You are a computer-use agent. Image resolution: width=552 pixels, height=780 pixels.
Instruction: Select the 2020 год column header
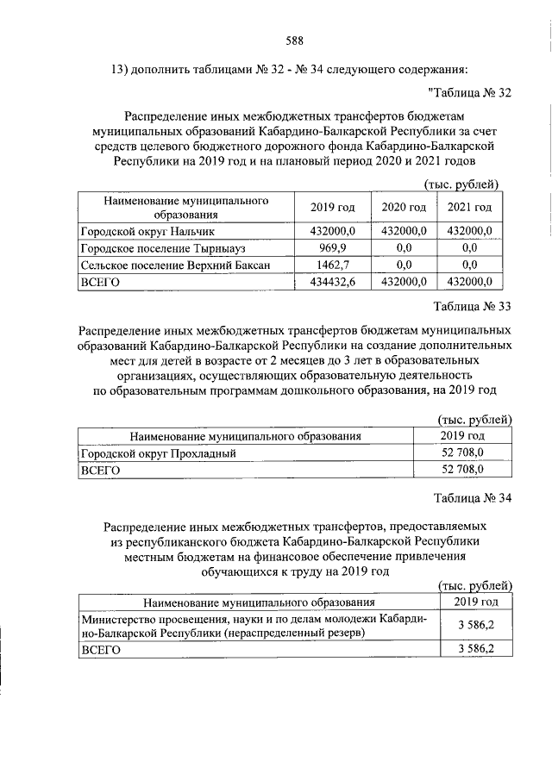coord(404,208)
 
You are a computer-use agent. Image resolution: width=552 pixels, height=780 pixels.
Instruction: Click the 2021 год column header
coord(470,208)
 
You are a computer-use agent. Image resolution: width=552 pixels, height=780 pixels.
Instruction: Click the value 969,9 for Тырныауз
coord(332,248)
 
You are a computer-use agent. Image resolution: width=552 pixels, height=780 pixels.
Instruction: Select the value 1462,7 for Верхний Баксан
coord(332,265)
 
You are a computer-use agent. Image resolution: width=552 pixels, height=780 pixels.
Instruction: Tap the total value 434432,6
coord(332,281)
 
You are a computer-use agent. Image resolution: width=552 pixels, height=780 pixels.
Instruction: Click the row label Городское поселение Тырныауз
coord(154,248)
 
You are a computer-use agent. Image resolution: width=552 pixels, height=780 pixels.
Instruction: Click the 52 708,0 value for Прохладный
coord(462,452)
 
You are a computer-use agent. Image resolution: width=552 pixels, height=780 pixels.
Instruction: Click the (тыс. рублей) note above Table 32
coord(462,184)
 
